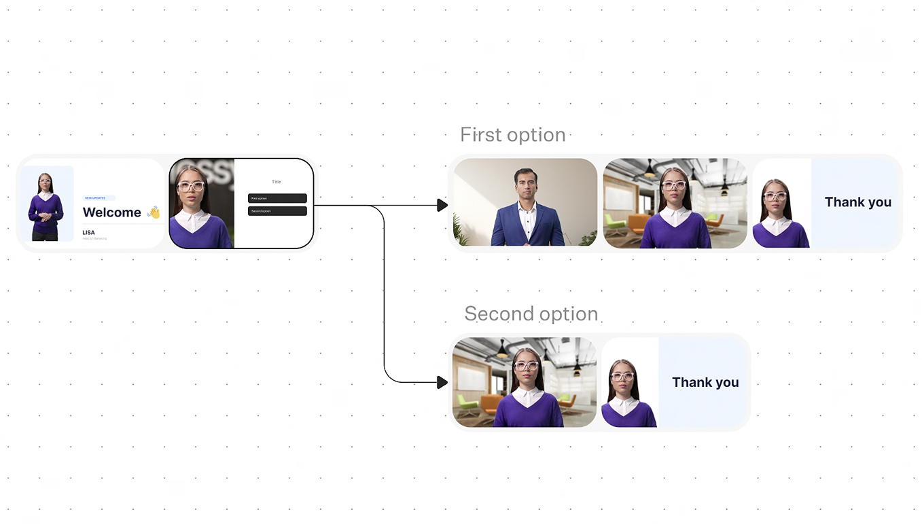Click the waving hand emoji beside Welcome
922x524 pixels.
click(x=154, y=212)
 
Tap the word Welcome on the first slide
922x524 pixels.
click(x=111, y=212)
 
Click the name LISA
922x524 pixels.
click(x=89, y=232)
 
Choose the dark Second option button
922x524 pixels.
click(x=277, y=211)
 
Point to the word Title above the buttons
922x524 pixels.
click(x=277, y=182)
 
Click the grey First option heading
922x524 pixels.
click(x=513, y=134)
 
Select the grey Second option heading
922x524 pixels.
click(x=531, y=314)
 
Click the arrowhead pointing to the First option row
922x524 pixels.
click(x=442, y=205)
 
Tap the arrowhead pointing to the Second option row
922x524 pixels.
click(x=442, y=383)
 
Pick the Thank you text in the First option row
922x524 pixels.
click(x=857, y=202)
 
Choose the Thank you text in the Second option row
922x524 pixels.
click(x=705, y=383)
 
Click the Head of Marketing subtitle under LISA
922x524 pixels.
click(x=94, y=239)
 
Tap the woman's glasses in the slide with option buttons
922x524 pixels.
click(x=191, y=187)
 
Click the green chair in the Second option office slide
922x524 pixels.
click(x=467, y=404)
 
